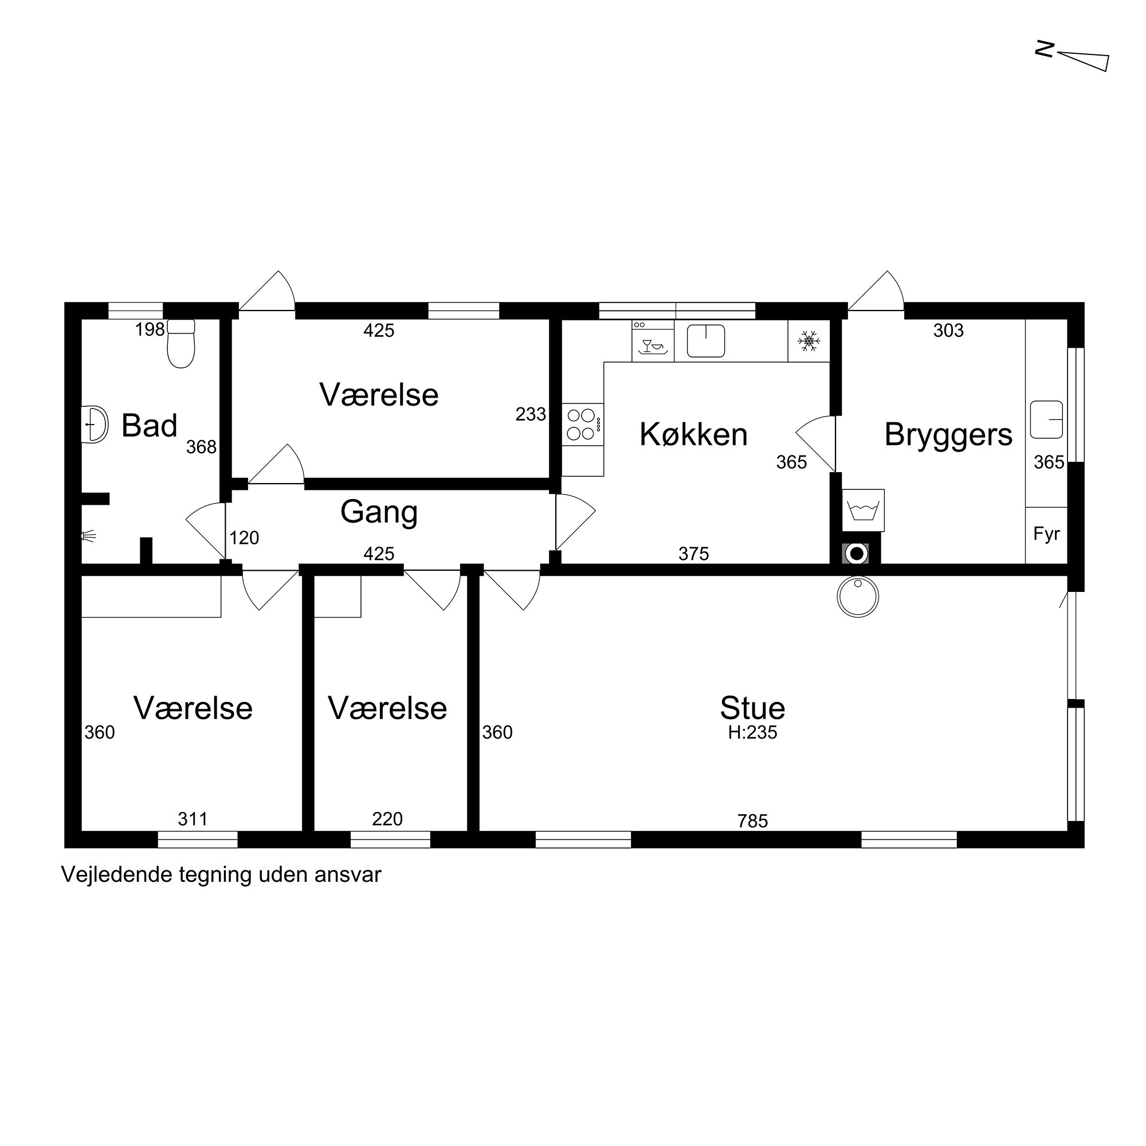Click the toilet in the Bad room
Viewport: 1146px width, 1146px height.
pos(181,343)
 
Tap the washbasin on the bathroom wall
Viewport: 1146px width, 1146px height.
pos(95,424)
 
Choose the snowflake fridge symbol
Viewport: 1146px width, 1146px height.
pos(809,341)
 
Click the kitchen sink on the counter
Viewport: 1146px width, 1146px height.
pos(706,341)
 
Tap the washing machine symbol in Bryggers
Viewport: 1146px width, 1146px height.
pos(863,510)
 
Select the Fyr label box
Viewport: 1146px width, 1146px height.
pos(1046,535)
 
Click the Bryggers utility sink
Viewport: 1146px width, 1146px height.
pos(1046,420)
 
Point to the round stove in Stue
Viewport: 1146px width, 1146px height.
pos(858,596)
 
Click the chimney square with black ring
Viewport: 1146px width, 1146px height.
pos(856,554)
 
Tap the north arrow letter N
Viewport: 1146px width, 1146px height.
pos(1044,49)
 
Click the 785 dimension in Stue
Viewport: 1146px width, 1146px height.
pos(753,821)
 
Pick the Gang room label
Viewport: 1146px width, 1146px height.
pos(379,512)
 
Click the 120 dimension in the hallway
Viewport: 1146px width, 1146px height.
pos(245,538)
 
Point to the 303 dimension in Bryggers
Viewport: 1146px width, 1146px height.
pos(948,331)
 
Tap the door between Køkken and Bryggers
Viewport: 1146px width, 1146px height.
pos(816,444)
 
